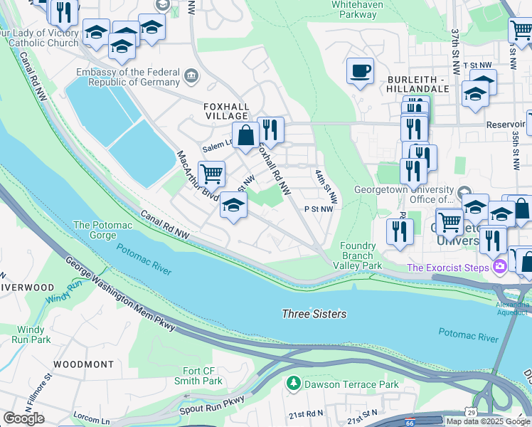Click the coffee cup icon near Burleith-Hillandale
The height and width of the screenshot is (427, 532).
click(361, 71)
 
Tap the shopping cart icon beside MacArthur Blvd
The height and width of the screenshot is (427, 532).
click(211, 173)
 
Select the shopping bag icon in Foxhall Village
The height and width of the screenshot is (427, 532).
click(245, 135)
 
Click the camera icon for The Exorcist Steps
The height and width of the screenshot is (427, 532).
click(500, 268)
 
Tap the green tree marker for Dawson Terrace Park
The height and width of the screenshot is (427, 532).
click(292, 384)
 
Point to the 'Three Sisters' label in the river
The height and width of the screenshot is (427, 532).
click(314, 314)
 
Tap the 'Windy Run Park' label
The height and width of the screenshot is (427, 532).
click(33, 334)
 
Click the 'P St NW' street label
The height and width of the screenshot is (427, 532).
click(318, 209)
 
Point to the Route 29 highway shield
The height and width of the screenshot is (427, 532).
click(471, 413)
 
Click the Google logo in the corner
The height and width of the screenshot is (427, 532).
click(23, 418)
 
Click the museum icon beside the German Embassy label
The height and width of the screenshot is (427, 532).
click(191, 76)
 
